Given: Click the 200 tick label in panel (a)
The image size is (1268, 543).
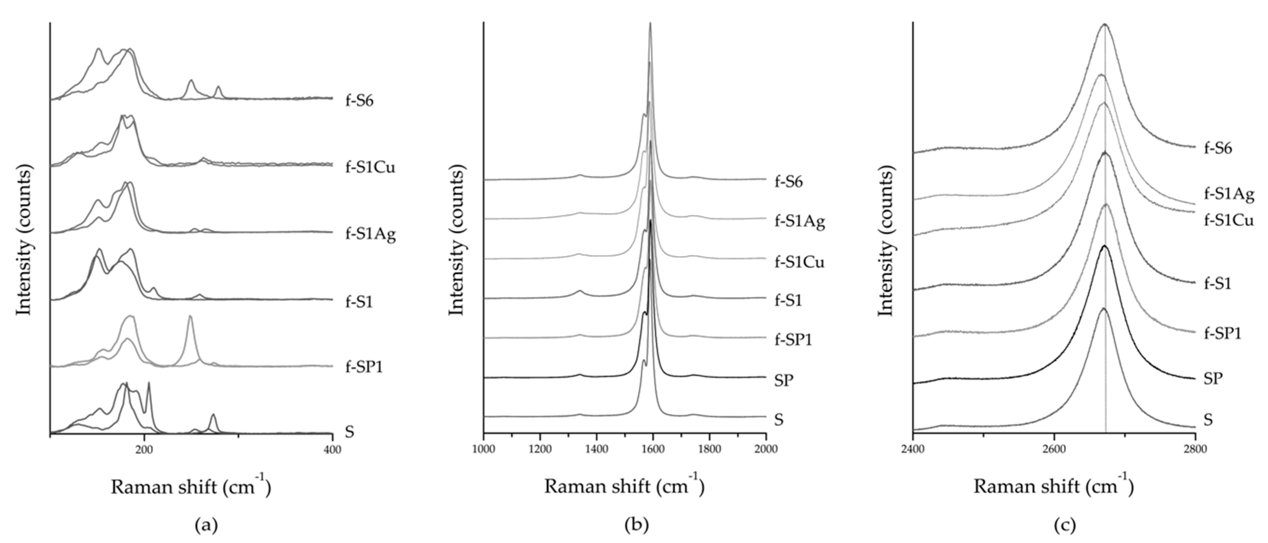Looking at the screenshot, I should click(x=144, y=449).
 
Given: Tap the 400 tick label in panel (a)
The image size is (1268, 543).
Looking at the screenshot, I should click(x=333, y=449).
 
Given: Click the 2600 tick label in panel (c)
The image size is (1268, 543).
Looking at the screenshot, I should click(x=1054, y=449).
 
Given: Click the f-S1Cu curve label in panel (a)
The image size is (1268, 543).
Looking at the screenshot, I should click(x=370, y=168).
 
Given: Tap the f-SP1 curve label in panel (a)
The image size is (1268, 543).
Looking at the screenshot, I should click(x=364, y=366).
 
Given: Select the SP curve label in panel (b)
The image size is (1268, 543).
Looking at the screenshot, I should click(x=784, y=380).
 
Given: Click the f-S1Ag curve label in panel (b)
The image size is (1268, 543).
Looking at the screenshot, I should click(x=800, y=222).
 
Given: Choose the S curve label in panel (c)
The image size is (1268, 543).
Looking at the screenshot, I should click(x=1208, y=420).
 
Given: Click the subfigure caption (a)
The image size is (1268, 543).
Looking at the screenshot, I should click(x=206, y=526).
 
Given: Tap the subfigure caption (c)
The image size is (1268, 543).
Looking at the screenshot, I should click(x=1065, y=526).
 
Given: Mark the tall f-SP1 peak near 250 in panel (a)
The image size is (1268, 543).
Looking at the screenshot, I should click(x=190, y=317).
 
